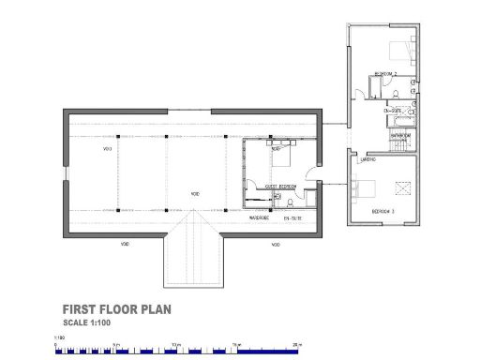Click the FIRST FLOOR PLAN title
tap(116, 308)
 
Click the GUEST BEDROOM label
tap(281, 187)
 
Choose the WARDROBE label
tap(260, 217)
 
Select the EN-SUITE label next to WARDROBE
tap(292, 217)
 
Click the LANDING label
tap(368, 160)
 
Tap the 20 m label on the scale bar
tap(296, 343)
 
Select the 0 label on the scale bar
tap(56, 343)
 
